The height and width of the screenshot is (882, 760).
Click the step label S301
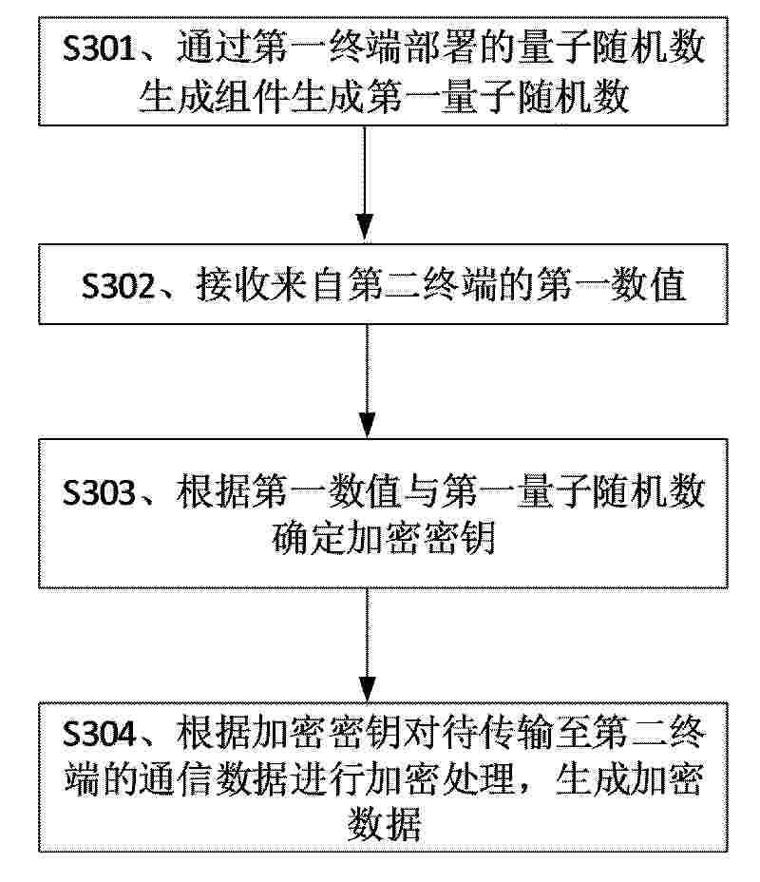[x=100, y=48]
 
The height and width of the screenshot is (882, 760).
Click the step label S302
[x=119, y=285]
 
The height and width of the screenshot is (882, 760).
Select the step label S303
[x=100, y=492]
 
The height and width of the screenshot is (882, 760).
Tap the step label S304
[x=100, y=734]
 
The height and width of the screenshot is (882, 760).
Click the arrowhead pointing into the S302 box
[x=366, y=227]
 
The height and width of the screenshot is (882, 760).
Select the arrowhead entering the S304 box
[x=367, y=688]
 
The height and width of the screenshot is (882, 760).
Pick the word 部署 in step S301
[x=442, y=48]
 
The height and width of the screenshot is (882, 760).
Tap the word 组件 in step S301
[x=253, y=97]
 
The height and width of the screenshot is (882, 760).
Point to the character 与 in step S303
[x=422, y=492]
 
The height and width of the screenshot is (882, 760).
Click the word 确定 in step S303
[x=309, y=538]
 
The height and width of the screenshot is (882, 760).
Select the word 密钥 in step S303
[x=459, y=538]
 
